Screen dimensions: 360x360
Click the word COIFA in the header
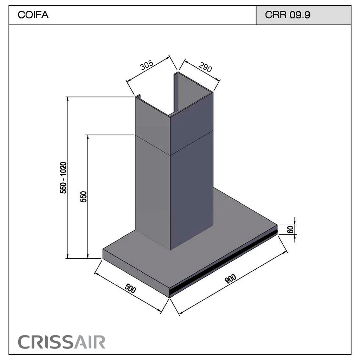click(33, 15)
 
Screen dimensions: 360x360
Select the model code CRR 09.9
click(288, 15)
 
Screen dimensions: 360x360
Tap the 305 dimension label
click(147, 65)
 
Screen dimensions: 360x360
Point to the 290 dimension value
click(205, 67)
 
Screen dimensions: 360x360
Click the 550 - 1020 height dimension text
click(63, 178)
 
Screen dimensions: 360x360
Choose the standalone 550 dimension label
click(84, 197)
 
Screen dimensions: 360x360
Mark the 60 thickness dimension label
click(290, 229)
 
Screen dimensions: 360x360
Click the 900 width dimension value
click(230, 279)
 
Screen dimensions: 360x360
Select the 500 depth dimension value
click(130, 288)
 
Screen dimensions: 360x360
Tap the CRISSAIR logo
click(62, 342)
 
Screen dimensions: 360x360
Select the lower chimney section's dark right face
click(192, 191)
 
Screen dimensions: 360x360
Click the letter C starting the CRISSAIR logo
click(23, 342)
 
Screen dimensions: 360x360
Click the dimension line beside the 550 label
click(88, 197)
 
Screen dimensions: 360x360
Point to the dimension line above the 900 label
click(233, 282)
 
